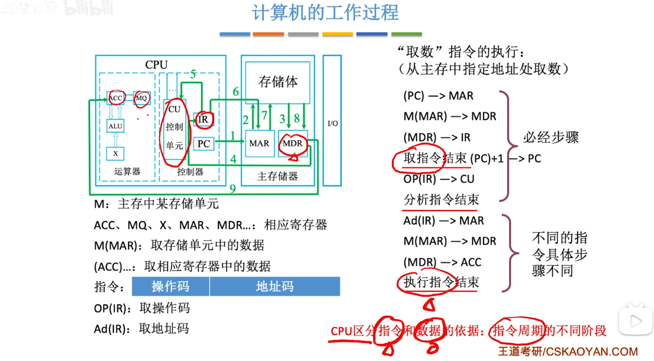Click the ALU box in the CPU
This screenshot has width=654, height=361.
(x=115, y=127)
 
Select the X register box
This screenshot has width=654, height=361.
(x=115, y=154)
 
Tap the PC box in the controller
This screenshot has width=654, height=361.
(x=203, y=144)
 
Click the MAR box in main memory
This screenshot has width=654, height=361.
(x=259, y=143)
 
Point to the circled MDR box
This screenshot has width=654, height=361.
(x=292, y=143)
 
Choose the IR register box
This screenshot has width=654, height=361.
(x=203, y=119)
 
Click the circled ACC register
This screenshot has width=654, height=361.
(x=115, y=98)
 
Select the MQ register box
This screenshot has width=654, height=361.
(x=142, y=98)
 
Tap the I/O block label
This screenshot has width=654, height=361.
(x=333, y=123)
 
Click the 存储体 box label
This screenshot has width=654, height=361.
(x=278, y=82)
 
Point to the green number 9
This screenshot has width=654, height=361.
(x=232, y=189)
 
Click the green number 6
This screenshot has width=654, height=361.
(x=236, y=92)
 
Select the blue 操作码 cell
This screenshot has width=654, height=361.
(x=170, y=287)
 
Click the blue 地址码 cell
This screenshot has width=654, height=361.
(x=275, y=287)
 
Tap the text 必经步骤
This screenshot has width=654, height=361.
(x=551, y=137)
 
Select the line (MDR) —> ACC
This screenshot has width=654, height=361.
(x=442, y=262)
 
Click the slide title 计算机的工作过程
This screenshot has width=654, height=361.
(x=325, y=13)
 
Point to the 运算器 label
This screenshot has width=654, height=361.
(x=127, y=171)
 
